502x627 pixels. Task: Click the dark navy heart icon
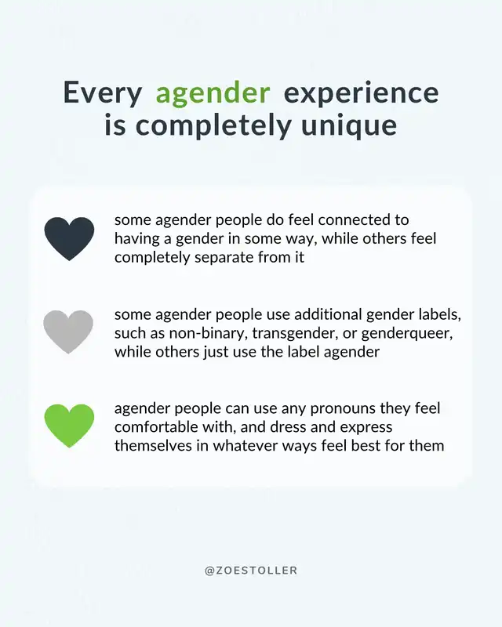[69, 238]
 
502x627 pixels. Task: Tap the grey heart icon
[68, 332]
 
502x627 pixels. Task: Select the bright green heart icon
[69, 426]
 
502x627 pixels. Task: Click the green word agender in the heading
[213, 94]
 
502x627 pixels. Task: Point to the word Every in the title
[103, 93]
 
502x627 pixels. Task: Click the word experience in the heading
[361, 94]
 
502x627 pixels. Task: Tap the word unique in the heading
[349, 127]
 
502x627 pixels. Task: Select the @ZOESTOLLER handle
[251, 571]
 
